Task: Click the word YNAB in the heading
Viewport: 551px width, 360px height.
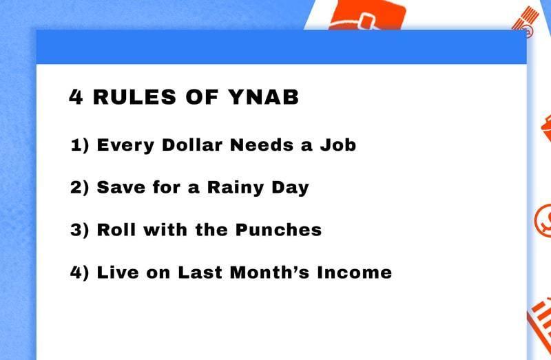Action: (264, 97)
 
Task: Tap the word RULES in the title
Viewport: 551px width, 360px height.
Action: (134, 97)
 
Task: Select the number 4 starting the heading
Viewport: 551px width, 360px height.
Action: (76, 97)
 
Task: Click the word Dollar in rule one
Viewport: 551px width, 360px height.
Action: (192, 145)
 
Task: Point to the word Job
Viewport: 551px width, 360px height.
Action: (338, 145)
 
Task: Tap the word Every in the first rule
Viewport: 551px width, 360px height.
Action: (125, 146)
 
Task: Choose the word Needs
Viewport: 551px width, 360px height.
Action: (262, 145)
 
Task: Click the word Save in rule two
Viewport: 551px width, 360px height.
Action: (121, 187)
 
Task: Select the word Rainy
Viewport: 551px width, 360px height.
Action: (235, 188)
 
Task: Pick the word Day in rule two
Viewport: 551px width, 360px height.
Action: (290, 188)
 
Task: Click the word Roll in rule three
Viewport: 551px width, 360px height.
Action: (116, 230)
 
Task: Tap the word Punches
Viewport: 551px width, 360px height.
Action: (278, 230)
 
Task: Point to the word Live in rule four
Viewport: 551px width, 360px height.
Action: (118, 273)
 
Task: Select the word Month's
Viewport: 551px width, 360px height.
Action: (269, 273)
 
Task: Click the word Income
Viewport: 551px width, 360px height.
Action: (354, 273)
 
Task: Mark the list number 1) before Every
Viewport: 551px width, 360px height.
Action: (80, 145)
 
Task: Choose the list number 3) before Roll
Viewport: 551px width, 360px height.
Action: (80, 230)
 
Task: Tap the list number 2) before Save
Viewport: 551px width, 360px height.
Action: (80, 187)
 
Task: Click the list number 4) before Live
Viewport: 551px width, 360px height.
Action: (80, 273)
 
